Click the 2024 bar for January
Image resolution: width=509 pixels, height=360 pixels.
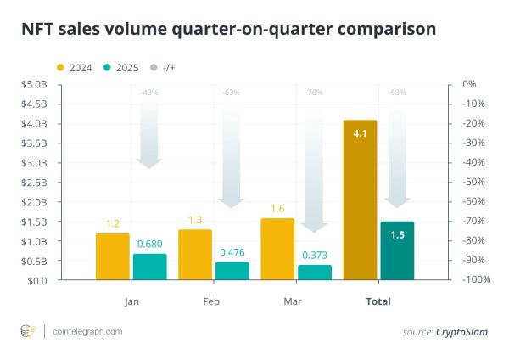(113, 256)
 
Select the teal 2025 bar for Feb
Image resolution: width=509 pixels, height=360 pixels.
(232, 271)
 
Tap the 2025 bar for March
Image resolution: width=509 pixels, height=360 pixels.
(315, 272)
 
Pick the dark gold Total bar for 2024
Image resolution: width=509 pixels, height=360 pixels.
(360, 200)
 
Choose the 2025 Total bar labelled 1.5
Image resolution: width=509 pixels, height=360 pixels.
(397, 250)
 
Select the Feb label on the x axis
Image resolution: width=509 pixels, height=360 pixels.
(213, 301)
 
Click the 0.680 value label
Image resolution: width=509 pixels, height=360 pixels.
(150, 243)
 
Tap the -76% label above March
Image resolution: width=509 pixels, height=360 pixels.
(315, 93)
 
